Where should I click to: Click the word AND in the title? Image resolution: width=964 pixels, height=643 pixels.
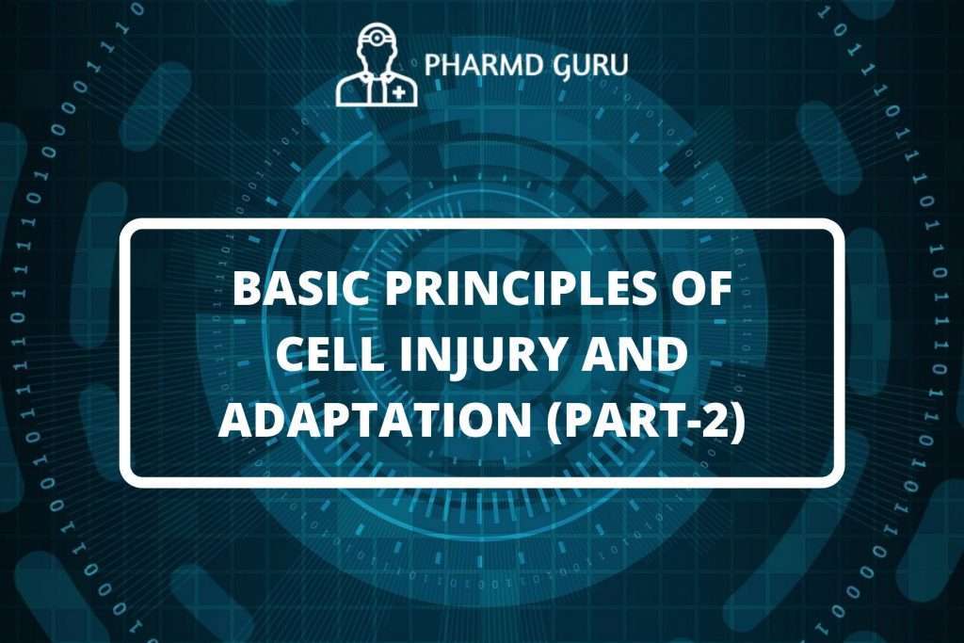[x=643, y=358]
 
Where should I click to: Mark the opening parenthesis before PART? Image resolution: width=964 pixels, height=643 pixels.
[x=565, y=425]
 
